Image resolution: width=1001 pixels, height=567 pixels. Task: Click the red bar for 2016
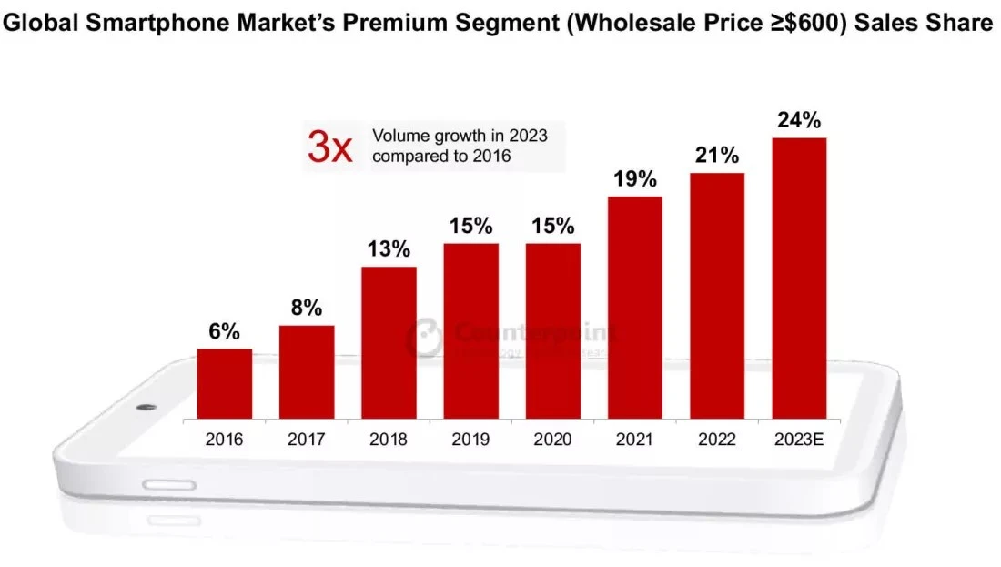pos(224,383)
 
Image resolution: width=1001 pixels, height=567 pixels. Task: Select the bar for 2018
pos(389,342)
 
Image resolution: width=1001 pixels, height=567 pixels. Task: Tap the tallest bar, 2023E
pos(799,278)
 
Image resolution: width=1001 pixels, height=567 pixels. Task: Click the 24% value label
pos(799,120)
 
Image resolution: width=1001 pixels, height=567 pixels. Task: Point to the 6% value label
pos(224,331)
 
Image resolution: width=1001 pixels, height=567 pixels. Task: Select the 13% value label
pos(389,249)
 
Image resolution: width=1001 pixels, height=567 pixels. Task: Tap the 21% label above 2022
pos(717,156)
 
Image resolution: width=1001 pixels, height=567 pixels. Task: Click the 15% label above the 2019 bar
pos(470,226)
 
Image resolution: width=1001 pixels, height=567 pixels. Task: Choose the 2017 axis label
pos(306,440)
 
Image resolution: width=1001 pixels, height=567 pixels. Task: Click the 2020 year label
pos(552,440)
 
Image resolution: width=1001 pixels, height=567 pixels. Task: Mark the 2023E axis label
pos(799,440)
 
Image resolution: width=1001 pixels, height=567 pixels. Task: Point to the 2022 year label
pos(717,440)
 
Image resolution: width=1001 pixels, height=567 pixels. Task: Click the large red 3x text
pos(329,147)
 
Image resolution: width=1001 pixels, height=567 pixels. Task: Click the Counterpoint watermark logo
pos(424,337)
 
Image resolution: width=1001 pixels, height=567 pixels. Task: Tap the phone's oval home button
pos(170,484)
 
